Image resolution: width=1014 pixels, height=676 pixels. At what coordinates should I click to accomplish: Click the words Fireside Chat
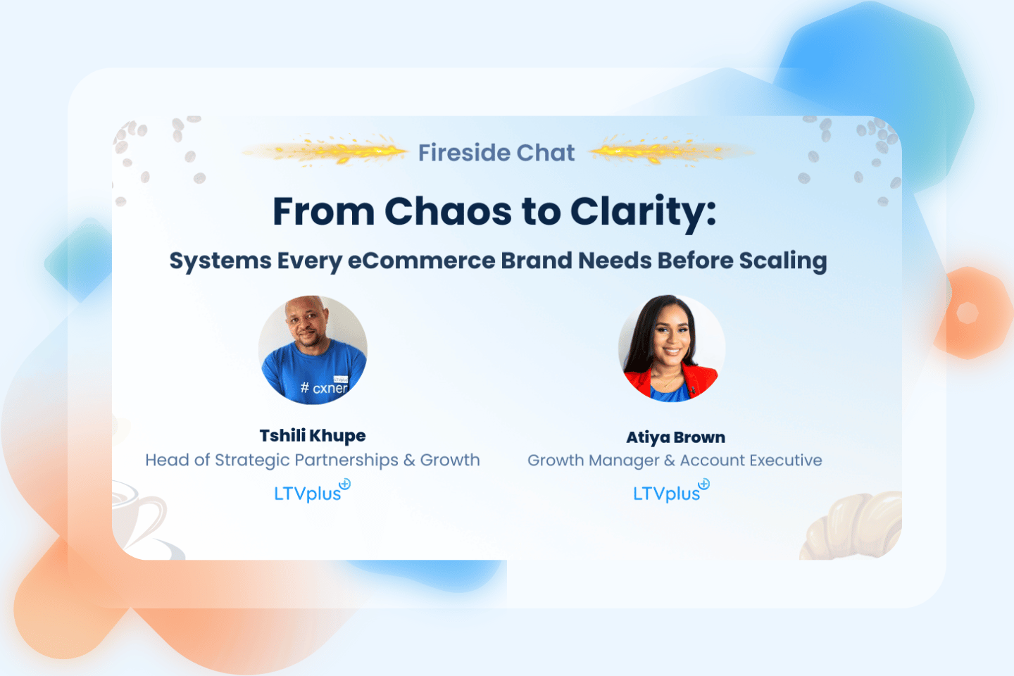[x=496, y=153]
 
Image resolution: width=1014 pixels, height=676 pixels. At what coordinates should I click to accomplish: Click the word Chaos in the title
[x=448, y=211]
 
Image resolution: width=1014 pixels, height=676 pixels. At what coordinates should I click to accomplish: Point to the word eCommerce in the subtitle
[x=421, y=261]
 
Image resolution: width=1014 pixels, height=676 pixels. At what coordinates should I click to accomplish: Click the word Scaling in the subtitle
[x=783, y=262]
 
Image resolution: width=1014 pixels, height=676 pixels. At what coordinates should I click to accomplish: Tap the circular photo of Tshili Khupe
[x=313, y=349]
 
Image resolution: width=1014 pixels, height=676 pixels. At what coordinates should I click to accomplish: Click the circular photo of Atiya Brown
[x=672, y=348]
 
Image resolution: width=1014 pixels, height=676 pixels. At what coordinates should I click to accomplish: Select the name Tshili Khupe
[x=313, y=436]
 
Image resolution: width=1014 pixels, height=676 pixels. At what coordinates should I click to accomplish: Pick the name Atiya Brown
[x=675, y=437]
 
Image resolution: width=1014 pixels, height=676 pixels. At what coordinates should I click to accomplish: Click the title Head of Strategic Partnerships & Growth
[x=313, y=461]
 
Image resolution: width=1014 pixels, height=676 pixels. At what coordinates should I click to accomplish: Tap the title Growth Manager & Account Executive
[x=675, y=461]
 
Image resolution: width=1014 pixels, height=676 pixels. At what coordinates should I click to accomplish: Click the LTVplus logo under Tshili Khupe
[x=312, y=491]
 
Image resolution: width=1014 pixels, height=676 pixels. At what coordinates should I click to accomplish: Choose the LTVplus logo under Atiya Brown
[x=671, y=491]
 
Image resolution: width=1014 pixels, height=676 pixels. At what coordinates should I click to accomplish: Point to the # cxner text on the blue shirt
[x=324, y=388]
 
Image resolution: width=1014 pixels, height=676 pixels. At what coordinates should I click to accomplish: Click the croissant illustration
[x=851, y=526]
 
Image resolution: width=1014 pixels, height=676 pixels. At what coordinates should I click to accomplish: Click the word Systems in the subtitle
[x=220, y=262]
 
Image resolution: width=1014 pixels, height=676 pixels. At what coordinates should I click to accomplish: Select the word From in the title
[x=324, y=212]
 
